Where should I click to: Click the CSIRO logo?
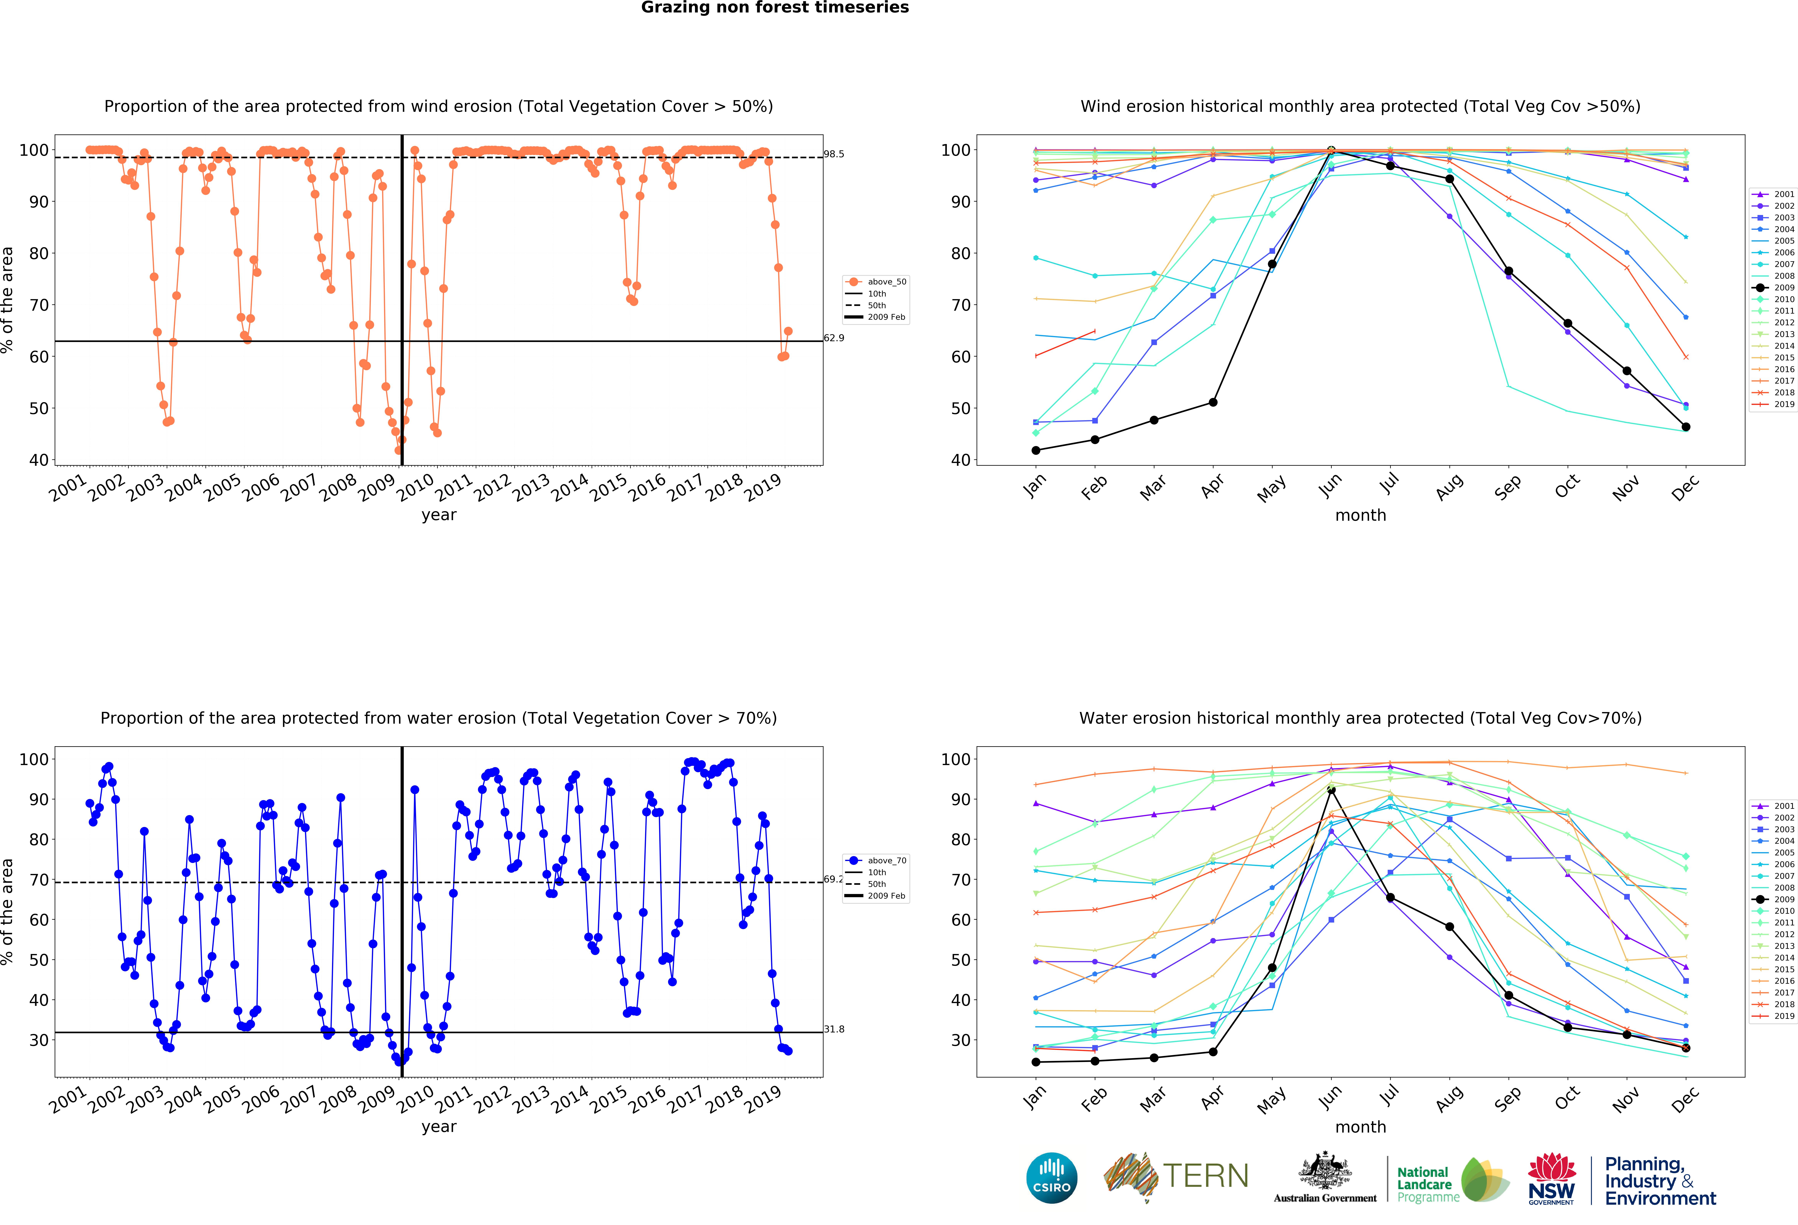[1051, 1178]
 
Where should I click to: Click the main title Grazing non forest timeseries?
[774, 8]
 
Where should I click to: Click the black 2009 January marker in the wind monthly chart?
[1036, 450]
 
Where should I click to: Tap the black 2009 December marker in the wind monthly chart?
[1686, 427]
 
